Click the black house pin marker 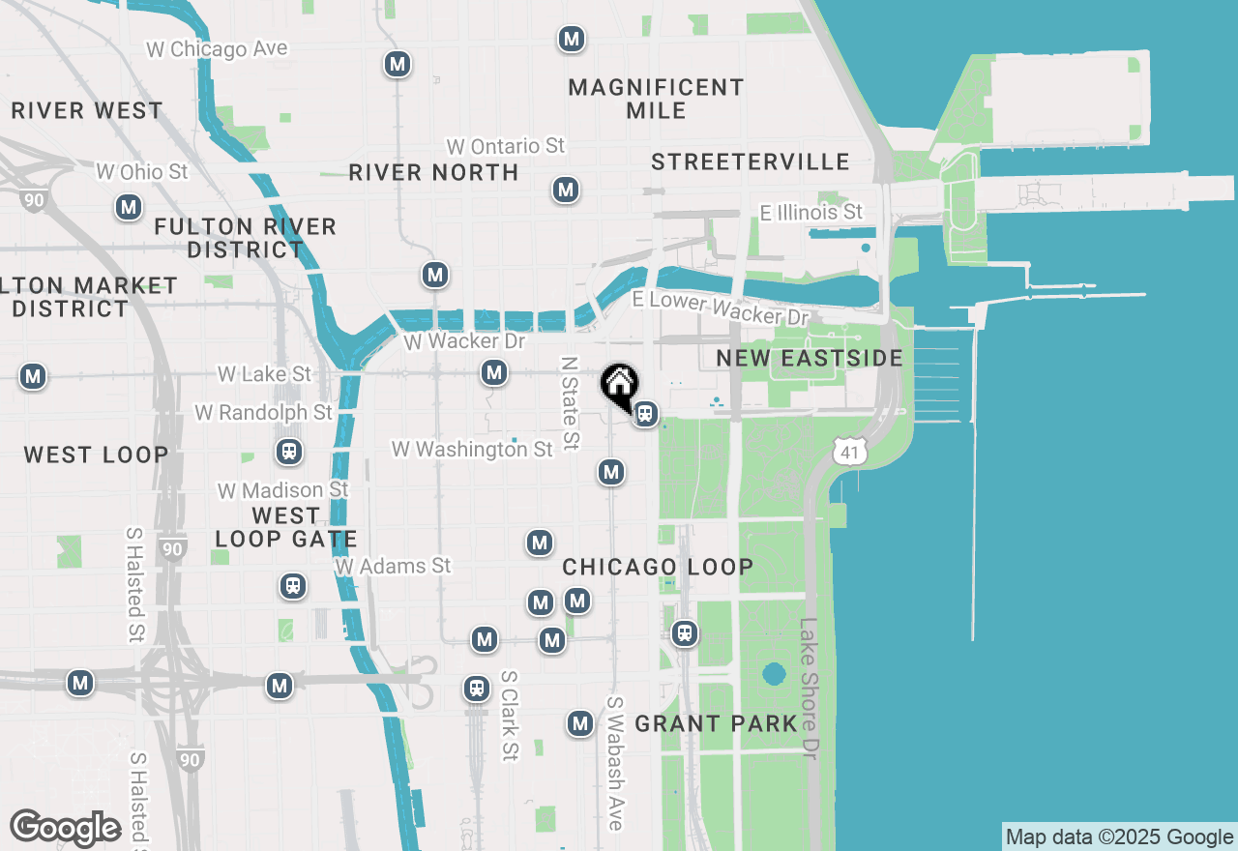tap(618, 385)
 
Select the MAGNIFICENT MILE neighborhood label tap(656, 99)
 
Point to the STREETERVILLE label tap(751, 161)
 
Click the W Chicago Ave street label tap(217, 48)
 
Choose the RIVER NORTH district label tap(433, 173)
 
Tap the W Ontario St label tap(505, 146)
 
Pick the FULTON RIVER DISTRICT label tap(246, 238)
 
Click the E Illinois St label tap(811, 212)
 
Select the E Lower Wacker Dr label tap(720, 308)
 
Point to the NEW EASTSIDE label tap(810, 359)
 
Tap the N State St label tap(570, 403)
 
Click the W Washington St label tap(472, 449)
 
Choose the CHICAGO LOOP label tap(658, 567)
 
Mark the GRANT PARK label tap(716, 723)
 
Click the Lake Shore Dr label tap(809, 689)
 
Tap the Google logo tap(66, 828)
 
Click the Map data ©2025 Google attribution tap(1120, 837)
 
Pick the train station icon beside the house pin tap(645, 415)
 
